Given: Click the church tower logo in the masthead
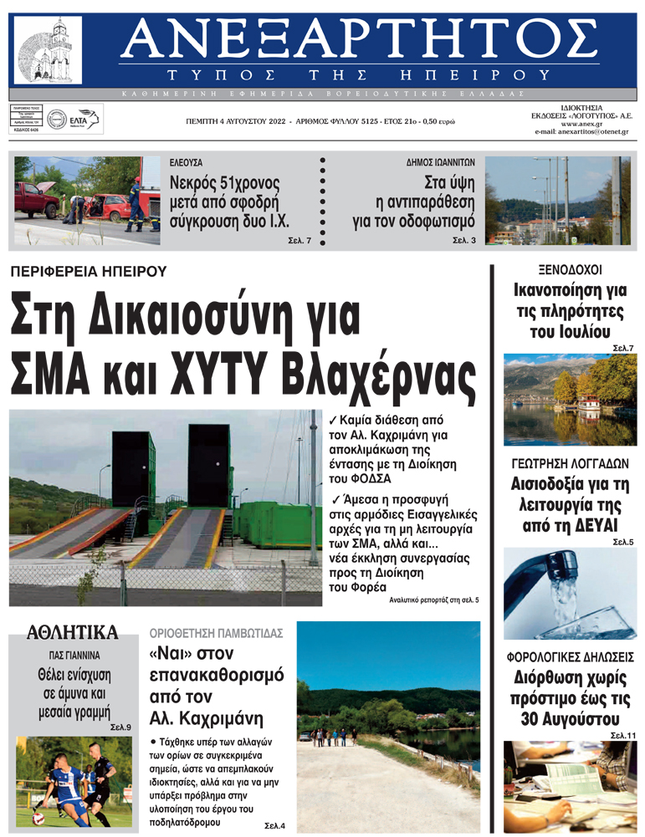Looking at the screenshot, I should coord(49,49).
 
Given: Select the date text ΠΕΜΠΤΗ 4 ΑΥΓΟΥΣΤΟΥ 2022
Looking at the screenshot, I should coord(237,122).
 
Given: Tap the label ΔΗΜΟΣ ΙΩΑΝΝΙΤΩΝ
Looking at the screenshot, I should coord(434,161).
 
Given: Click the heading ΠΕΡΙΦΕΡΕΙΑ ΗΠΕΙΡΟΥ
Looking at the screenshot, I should coord(89,271).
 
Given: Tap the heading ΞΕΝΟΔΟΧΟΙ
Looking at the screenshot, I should coord(570,270).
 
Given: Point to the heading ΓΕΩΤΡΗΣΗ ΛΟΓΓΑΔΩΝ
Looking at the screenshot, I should coord(570,463).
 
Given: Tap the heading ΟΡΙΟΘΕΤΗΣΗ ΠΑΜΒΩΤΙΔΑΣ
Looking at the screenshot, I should coord(216,632).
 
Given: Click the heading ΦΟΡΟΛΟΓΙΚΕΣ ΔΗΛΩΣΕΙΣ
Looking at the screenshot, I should coord(571,656).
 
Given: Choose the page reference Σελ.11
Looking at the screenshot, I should coord(622,735).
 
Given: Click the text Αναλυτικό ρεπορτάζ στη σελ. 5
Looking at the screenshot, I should coord(434,600).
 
